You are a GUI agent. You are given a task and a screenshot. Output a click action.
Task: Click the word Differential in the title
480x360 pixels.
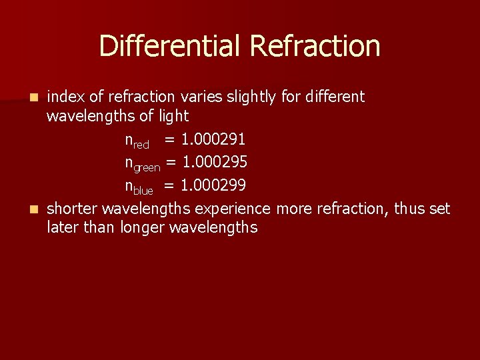pyautogui.click(x=171, y=47)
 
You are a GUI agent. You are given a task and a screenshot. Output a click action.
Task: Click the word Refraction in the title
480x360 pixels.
pyautogui.click(x=315, y=47)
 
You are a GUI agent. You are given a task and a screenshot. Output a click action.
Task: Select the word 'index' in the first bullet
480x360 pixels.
pyautogui.click(x=65, y=97)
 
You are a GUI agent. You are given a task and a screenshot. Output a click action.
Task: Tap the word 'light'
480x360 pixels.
pyautogui.click(x=174, y=117)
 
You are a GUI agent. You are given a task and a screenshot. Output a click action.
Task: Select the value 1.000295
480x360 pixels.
pyautogui.click(x=215, y=162)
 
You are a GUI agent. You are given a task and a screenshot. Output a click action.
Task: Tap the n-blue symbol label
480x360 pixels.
pyautogui.click(x=139, y=187)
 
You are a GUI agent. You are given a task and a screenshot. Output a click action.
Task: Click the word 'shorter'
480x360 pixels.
pyautogui.click(x=74, y=209)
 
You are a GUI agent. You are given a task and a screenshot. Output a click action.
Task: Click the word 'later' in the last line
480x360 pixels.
pyautogui.click(x=62, y=228)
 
